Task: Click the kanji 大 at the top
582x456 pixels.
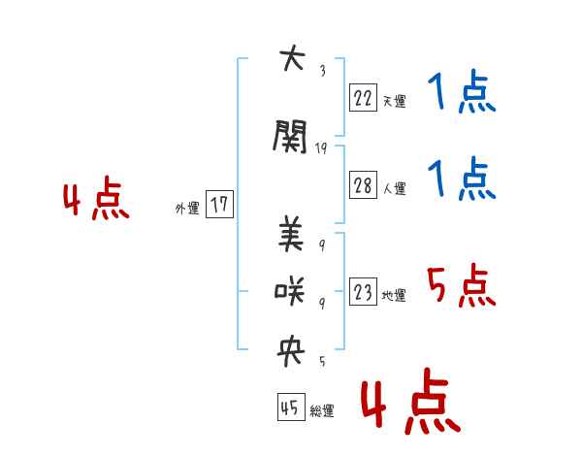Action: (x=292, y=57)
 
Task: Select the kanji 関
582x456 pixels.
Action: (x=290, y=137)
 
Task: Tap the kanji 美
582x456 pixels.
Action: (x=291, y=234)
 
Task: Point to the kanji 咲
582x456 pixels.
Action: (x=289, y=291)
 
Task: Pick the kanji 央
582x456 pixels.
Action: (x=291, y=351)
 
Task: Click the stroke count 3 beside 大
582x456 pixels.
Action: (x=323, y=71)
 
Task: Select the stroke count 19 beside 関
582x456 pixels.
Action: (x=321, y=148)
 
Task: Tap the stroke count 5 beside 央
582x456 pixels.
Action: (x=322, y=361)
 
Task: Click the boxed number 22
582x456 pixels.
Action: (x=363, y=98)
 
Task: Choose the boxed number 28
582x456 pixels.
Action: (x=363, y=185)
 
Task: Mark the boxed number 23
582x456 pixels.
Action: (x=363, y=291)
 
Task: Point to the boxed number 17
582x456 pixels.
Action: (x=219, y=204)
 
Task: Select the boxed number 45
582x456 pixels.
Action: (x=291, y=407)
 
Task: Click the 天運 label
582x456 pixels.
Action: (x=395, y=101)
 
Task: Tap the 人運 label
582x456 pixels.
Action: (x=395, y=188)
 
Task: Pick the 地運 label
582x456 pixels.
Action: (x=394, y=295)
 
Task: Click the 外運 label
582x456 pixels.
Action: (x=187, y=209)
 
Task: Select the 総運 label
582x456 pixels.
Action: (x=322, y=410)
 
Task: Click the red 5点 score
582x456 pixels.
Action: (x=461, y=285)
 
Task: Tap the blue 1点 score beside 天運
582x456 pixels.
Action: (x=462, y=91)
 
